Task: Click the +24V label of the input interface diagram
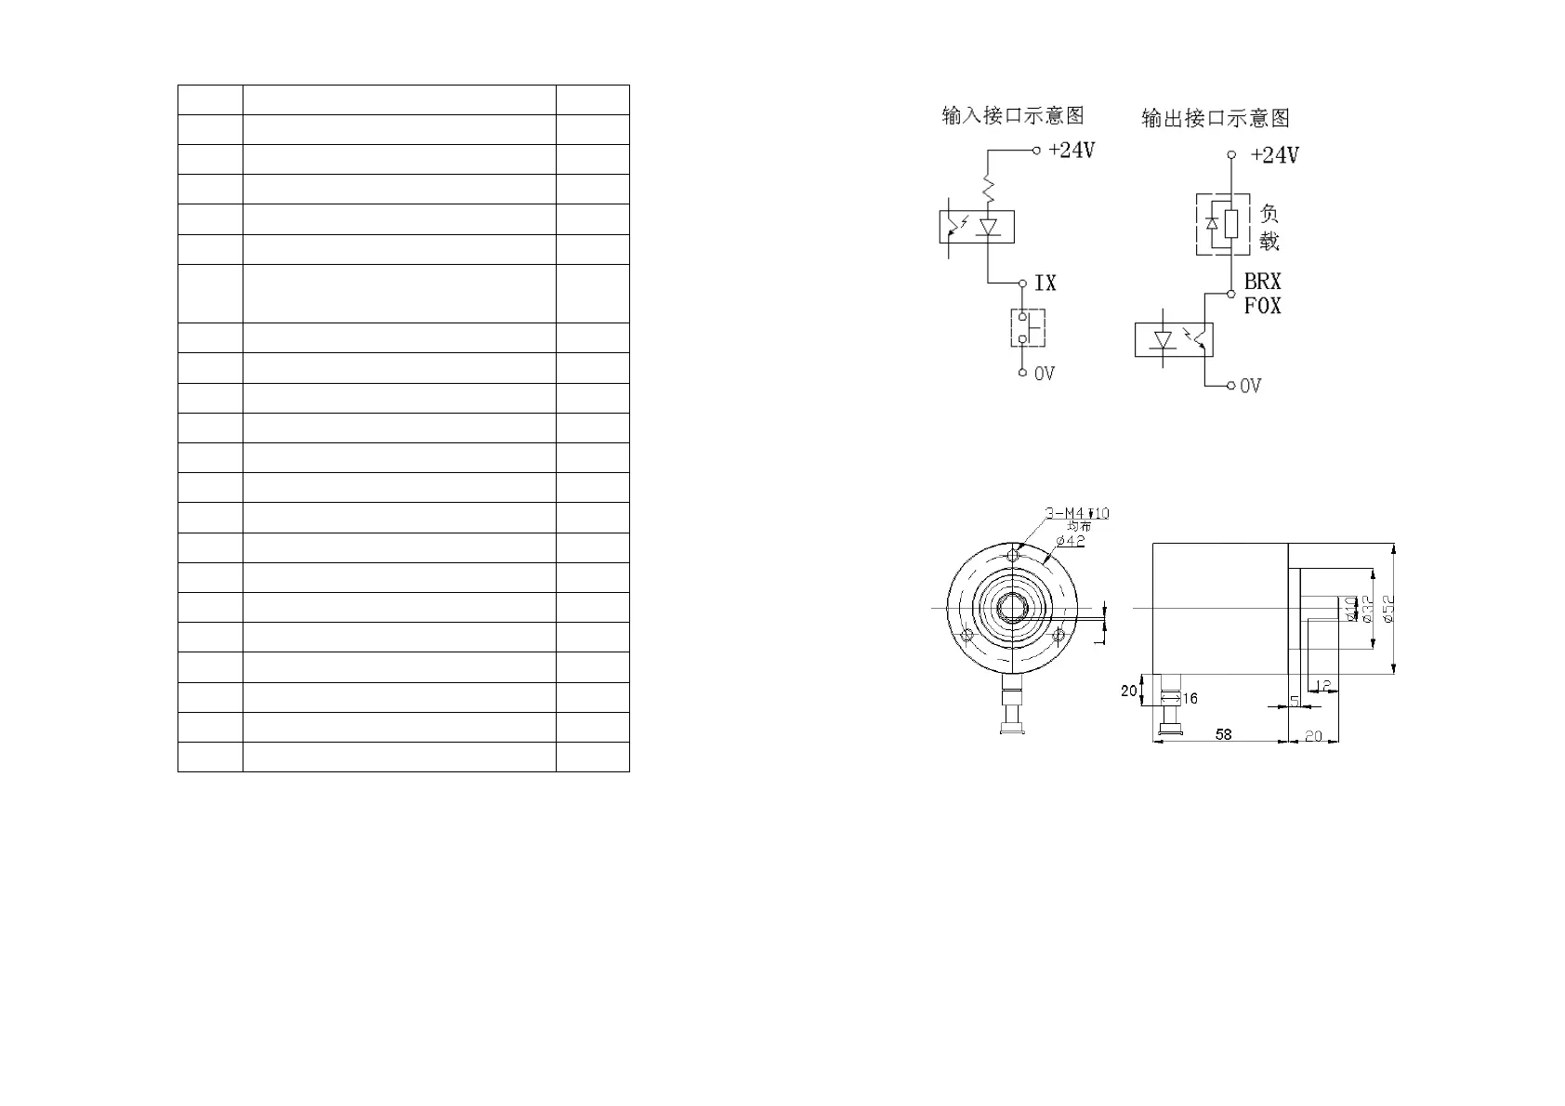[1072, 150]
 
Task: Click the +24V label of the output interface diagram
[1274, 155]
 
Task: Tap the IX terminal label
[1046, 283]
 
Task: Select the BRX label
[1262, 282]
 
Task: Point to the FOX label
[1262, 305]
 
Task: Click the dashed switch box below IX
[1028, 327]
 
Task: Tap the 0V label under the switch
[1045, 374]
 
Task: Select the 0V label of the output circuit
[1251, 385]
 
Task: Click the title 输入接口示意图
[1013, 115]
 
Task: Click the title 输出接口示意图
[1216, 118]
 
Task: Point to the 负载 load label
[1269, 227]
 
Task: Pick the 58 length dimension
[1223, 734]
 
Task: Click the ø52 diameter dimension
[1387, 609]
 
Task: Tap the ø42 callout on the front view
[1071, 542]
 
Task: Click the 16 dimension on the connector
[1190, 699]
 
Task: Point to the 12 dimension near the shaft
[1324, 686]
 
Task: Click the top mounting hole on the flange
[1012, 556]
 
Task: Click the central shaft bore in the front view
[1012, 608]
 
